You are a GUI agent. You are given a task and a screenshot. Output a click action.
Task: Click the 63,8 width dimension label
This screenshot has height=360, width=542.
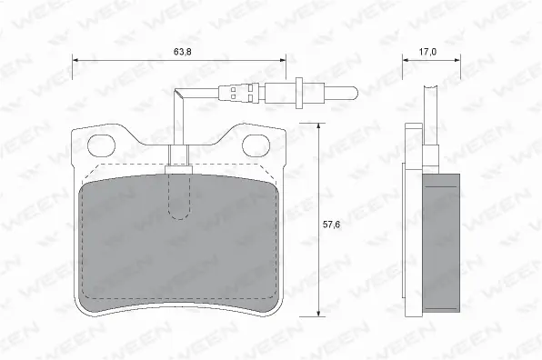[183, 52]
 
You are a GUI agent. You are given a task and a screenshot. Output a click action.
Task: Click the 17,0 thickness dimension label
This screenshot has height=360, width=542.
[427, 52]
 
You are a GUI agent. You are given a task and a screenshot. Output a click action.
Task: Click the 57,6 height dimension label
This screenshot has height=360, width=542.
[331, 225]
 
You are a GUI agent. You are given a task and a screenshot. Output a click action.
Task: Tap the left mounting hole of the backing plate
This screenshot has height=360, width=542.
[101, 145]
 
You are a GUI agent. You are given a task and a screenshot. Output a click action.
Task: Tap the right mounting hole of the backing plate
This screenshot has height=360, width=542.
[256, 145]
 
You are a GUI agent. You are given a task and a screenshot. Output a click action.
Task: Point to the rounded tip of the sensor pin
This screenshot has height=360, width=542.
[356, 92]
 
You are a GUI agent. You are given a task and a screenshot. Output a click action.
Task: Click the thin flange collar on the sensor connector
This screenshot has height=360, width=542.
[299, 92]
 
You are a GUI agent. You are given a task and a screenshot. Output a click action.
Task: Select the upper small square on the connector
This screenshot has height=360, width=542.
[233, 89]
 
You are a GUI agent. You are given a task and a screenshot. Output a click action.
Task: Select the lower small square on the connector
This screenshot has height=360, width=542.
[233, 97]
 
